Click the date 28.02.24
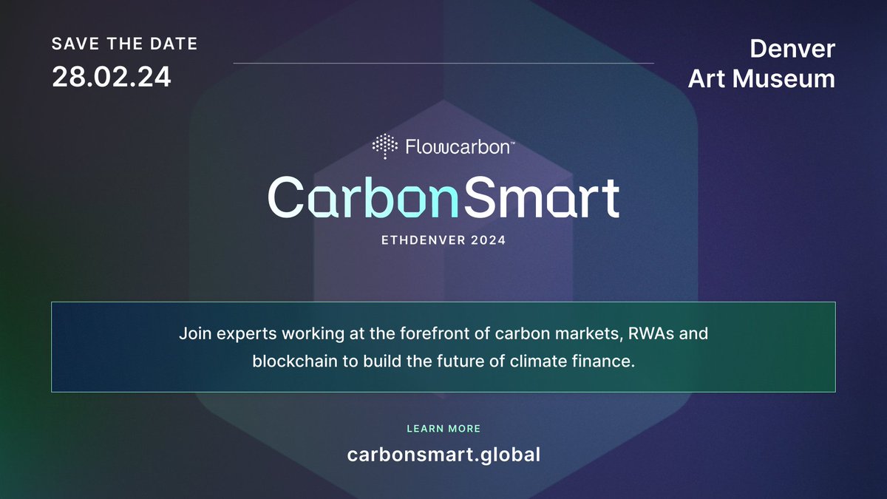click(x=112, y=77)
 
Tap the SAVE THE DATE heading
click(x=125, y=44)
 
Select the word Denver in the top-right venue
click(x=792, y=49)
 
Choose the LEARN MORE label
click(x=443, y=429)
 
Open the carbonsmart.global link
click(x=443, y=454)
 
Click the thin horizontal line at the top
click(x=443, y=64)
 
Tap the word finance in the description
click(x=608, y=363)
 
